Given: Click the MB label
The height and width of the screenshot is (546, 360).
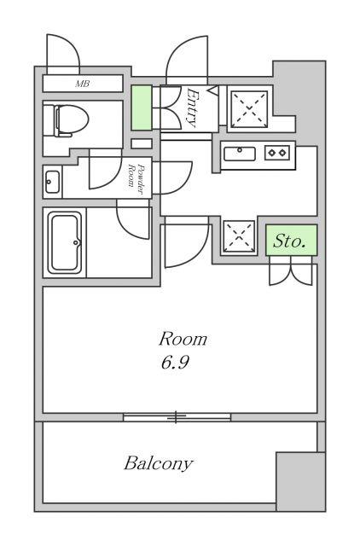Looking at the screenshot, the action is click(83, 84).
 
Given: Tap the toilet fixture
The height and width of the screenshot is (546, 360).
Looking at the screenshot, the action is click(71, 120).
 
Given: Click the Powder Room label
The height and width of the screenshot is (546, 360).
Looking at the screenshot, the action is click(136, 180).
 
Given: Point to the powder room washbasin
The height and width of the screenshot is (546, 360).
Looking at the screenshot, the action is click(52, 182).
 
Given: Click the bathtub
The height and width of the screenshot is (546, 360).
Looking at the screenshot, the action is click(65, 242).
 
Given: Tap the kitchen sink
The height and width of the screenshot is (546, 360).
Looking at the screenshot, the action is click(240, 154).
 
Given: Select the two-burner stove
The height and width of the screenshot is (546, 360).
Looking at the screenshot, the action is click(277, 153).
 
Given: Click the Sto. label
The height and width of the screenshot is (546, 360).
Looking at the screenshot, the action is click(288, 241).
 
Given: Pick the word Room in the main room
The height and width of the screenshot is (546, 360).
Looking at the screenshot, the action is click(183, 340).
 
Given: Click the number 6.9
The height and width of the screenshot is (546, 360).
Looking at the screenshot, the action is click(175, 363).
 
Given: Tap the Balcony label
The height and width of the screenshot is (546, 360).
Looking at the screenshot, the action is click(159, 463).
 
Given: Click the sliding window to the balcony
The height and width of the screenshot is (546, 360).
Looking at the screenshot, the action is click(177, 417).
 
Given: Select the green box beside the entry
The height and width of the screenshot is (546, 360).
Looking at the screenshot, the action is click(142, 108).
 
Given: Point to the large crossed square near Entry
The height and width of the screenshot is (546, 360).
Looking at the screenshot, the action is click(250, 108).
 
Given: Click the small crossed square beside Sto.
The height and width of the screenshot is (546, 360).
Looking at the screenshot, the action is click(239, 236).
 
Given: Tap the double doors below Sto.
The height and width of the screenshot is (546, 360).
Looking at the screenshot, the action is click(291, 270).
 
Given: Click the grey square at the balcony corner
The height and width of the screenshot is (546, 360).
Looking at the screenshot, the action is click(300, 481).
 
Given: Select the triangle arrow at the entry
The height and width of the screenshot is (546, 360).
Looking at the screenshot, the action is click(213, 90).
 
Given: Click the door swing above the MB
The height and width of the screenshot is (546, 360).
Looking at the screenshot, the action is click(63, 54).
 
